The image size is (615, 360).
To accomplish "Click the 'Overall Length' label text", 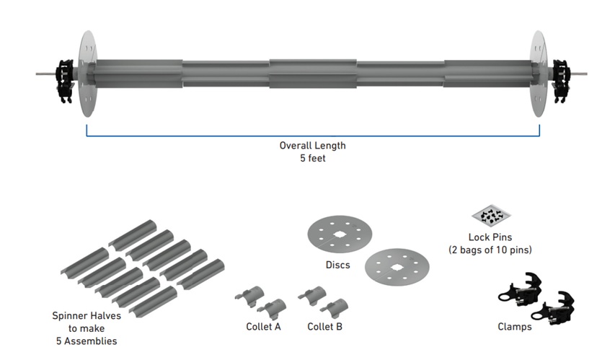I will pos(312,145).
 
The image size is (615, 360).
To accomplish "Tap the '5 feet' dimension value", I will pos(312,157).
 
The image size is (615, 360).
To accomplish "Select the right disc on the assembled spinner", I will pos(539,72).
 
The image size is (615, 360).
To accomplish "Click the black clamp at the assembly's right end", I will pos(560,74).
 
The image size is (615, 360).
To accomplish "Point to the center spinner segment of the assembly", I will pos(312,74).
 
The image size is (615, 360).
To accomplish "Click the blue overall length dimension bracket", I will pos(312,135).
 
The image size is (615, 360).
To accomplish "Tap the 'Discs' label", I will pos(337,265).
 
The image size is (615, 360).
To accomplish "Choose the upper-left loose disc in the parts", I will pos(339,234).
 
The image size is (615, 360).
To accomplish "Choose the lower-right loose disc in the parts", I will pos(397,268).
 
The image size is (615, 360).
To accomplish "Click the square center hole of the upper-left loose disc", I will pos(339,234).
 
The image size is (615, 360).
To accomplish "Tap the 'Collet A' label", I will pos(263,327).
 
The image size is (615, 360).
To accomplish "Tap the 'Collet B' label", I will pos(324,327).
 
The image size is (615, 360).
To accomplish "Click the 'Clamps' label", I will pos(515,327).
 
